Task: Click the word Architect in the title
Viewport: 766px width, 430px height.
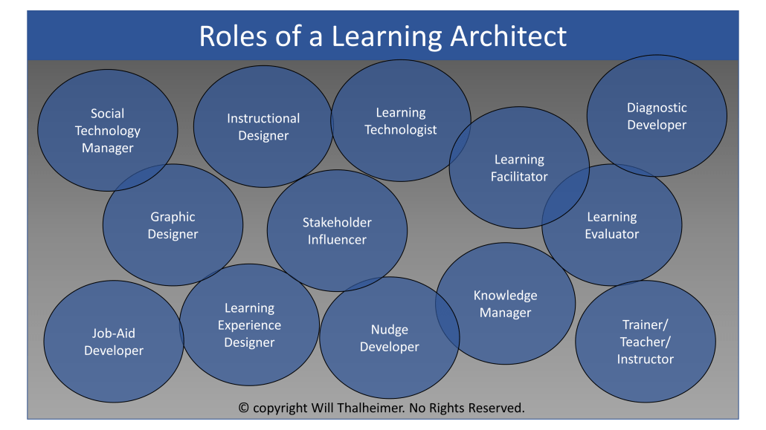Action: tap(508, 36)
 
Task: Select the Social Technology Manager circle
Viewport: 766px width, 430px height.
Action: tap(108, 130)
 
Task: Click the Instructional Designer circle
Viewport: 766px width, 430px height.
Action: tap(263, 126)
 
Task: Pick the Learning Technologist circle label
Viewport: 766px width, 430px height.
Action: tap(401, 121)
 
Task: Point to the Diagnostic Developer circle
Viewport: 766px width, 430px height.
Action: tap(657, 116)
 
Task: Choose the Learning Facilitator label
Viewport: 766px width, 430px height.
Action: tap(519, 168)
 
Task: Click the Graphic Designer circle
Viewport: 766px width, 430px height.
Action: tap(173, 225)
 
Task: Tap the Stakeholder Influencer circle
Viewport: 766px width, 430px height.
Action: tap(337, 231)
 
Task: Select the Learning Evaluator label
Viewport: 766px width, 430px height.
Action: tap(611, 225)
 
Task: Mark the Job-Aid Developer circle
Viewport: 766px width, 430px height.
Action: tap(114, 341)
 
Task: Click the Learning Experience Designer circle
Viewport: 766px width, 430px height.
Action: tap(249, 325)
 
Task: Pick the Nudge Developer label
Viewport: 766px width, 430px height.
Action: tap(390, 338)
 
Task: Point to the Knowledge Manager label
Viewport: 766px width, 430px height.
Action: tap(505, 304)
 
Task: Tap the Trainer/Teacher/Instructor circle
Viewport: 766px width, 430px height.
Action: tap(646, 341)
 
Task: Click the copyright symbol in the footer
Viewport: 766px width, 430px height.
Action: tap(243, 408)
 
